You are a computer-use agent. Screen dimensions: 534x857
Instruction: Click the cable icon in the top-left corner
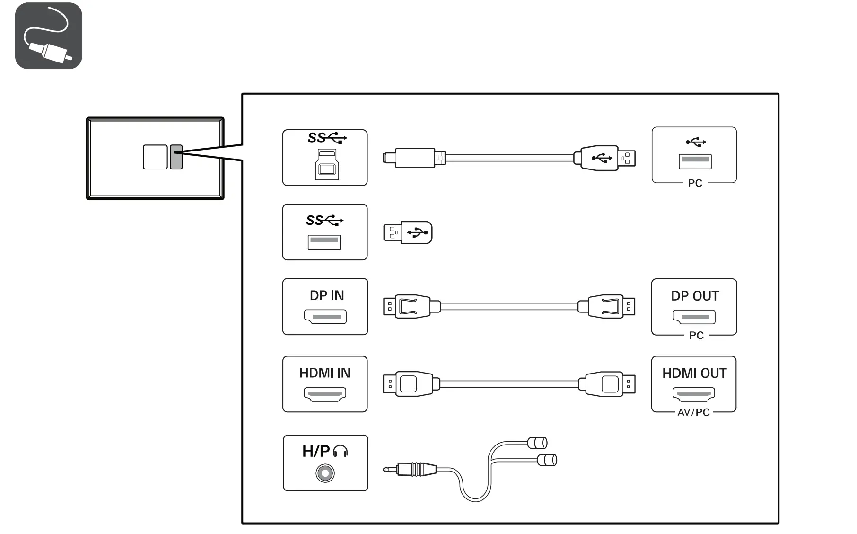coord(48,36)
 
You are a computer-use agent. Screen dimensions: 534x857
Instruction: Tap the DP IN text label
coord(326,296)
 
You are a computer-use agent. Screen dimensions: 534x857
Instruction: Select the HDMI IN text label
coord(324,374)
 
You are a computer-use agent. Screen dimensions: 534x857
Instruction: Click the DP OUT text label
coord(694,296)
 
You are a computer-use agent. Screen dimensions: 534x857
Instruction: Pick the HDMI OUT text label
coord(694,374)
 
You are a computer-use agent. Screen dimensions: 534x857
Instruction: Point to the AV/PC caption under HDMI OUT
coord(693,413)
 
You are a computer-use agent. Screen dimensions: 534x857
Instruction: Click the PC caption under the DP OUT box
coord(696,336)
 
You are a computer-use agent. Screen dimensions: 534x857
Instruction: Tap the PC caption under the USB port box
coord(695,184)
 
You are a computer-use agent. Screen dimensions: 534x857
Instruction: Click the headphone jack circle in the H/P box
coord(325,473)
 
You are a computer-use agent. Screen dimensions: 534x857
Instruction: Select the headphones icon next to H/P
coord(341,451)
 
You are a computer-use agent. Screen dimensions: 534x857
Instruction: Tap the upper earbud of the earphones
coord(538,443)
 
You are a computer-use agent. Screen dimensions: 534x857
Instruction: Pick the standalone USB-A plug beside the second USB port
coord(407,232)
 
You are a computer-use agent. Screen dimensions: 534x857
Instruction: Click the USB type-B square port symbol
coord(327,164)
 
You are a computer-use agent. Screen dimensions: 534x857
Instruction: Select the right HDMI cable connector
coord(610,384)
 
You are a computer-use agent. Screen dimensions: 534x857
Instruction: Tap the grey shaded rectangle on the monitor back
coord(176,157)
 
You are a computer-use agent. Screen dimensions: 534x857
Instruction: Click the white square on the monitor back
coord(155,157)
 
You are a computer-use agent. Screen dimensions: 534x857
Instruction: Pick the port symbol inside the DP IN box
coord(325,317)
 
